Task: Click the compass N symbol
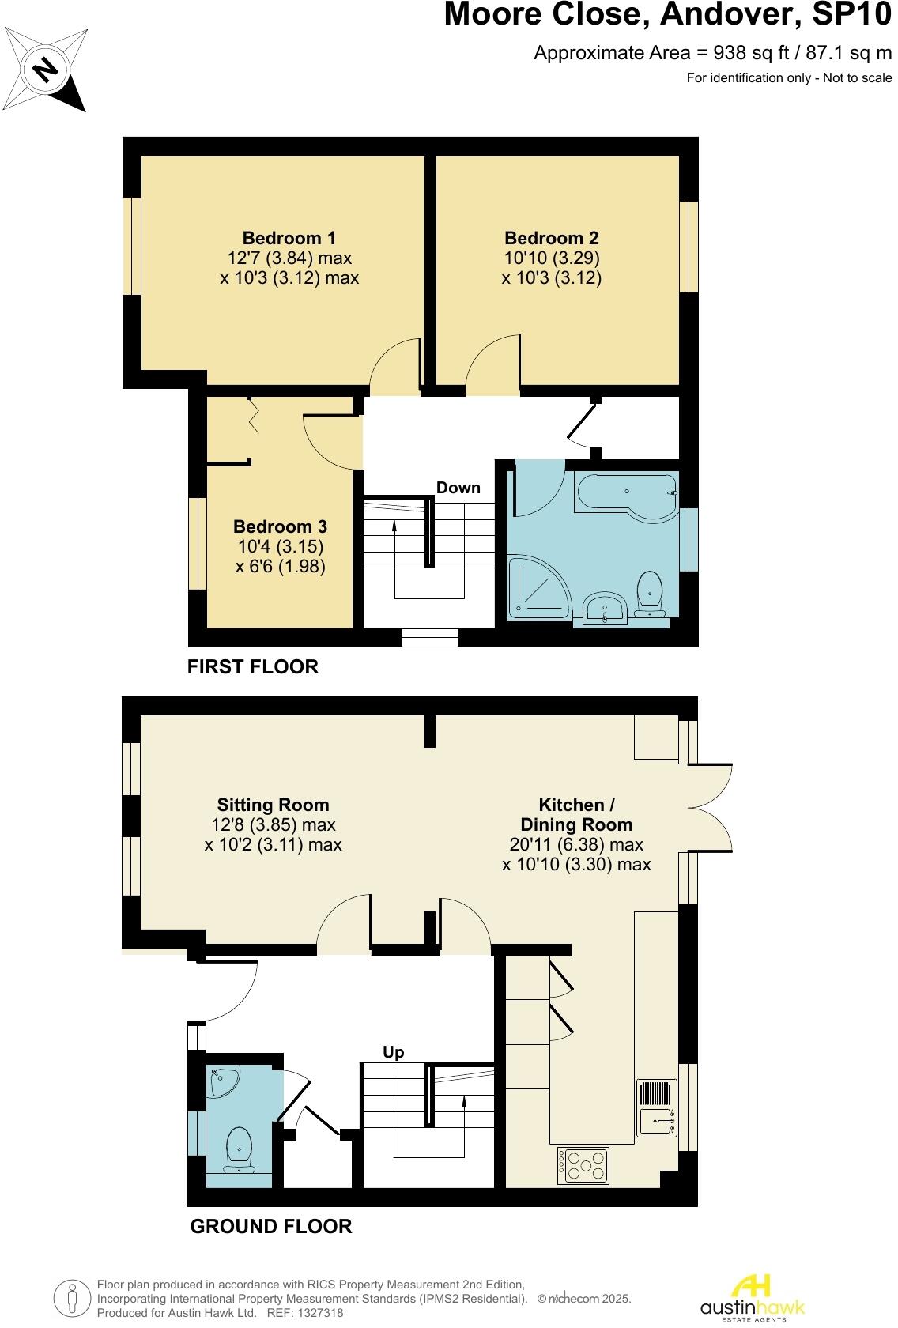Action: (46, 70)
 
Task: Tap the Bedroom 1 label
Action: (289, 238)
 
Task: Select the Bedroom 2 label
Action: (551, 238)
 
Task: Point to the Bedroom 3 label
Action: (280, 526)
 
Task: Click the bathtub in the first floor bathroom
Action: (625, 497)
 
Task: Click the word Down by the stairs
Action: (458, 488)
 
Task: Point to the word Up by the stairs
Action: (393, 1052)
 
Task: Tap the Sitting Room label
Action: (273, 805)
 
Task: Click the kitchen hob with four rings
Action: (583, 1164)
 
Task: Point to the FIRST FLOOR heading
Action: (253, 666)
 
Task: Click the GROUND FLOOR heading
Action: (271, 1226)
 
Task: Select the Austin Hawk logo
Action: (753, 1298)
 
